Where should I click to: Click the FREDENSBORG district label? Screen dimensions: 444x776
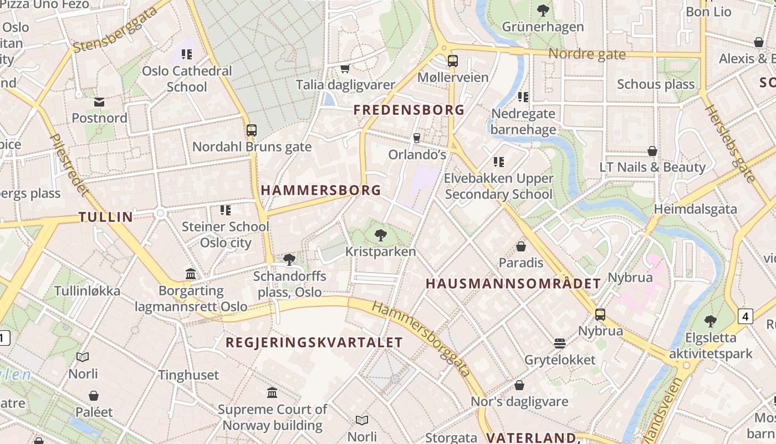coord(409,110)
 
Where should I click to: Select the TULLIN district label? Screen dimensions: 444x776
coord(106,217)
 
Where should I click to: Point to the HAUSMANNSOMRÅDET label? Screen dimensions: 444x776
coord(513,284)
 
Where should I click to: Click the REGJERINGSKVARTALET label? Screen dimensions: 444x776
coord(314,342)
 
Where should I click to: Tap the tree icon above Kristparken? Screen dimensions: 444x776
coord(380,235)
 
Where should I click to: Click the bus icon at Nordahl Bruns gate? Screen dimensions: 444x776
coord(252,130)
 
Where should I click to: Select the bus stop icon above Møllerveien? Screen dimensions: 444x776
coord(453,60)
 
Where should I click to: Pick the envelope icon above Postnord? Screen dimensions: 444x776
coord(99,102)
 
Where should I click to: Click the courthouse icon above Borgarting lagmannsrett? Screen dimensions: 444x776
coord(191,274)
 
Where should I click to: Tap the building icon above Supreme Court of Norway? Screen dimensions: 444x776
coord(272,393)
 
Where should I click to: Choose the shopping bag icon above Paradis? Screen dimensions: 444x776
coord(521,246)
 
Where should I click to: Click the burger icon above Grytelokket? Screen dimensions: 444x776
coord(560,344)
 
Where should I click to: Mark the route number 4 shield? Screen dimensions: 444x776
coord(746,316)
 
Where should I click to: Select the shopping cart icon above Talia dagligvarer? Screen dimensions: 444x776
coord(345,69)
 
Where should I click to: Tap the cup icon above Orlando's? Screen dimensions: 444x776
coord(417,138)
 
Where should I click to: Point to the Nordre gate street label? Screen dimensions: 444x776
coord(587,54)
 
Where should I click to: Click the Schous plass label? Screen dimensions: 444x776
coord(656,84)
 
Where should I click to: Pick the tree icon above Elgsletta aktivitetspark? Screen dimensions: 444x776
coord(710,321)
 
